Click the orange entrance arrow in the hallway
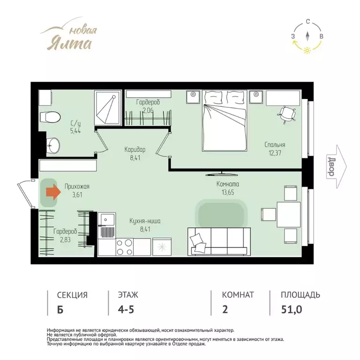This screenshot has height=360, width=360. pos(53,191)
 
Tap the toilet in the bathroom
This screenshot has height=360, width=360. pos(49,117)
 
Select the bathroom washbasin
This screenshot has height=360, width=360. pos(53,146)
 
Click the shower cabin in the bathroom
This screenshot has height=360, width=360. pos(108,108)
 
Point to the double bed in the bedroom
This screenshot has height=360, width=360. pos(225,121)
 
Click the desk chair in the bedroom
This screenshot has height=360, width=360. pos(286,114)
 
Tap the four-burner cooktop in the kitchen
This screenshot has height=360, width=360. pos(124,247)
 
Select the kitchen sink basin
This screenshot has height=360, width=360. pos(107,220)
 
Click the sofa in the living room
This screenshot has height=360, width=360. pos(219,241)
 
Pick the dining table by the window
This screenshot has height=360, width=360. pos(289,214)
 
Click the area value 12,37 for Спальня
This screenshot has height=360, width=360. pos(275,153)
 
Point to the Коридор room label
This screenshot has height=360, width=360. pos(135,150)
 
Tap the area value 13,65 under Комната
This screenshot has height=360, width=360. pos(228,192)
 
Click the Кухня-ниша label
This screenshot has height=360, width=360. pos(145,221)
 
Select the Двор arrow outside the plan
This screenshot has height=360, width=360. pos(337,167)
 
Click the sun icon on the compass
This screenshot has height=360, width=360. pos(307,51)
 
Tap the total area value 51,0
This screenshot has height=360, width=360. pos(292,309)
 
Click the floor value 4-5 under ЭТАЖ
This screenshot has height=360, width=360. pos(126,309)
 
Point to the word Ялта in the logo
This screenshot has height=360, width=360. pos(69,43)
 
